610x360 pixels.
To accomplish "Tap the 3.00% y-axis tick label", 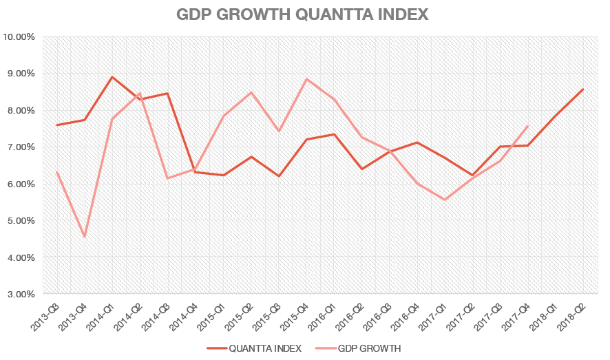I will click(21, 294).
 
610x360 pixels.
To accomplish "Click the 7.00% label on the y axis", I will click(21, 147).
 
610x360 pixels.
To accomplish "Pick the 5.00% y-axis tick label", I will click(21, 220).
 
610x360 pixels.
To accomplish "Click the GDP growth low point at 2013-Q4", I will click(85, 237).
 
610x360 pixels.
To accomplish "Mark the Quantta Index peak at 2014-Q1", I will click(112, 76).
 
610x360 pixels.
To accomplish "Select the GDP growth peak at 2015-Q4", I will click(306, 78).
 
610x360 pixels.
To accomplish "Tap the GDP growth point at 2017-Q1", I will click(445, 200).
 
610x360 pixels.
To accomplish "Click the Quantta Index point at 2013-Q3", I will click(56, 125).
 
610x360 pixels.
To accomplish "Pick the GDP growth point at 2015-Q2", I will click(251, 92).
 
